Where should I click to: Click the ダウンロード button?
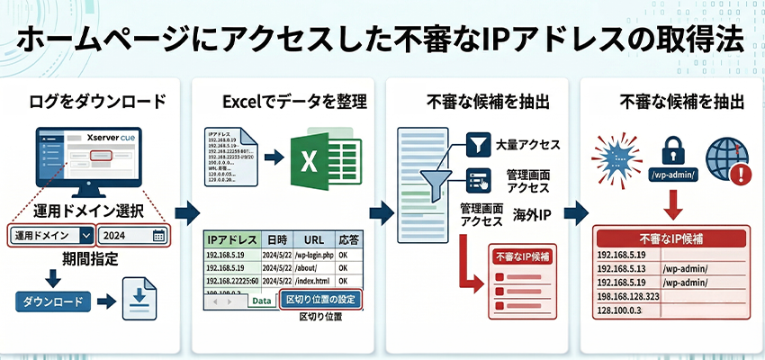click(x=54, y=302)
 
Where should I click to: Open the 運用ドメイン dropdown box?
click(x=52, y=236)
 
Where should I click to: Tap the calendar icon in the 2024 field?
click(x=158, y=236)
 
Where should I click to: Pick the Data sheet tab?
click(x=261, y=301)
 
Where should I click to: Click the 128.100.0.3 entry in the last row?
click(x=621, y=310)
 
